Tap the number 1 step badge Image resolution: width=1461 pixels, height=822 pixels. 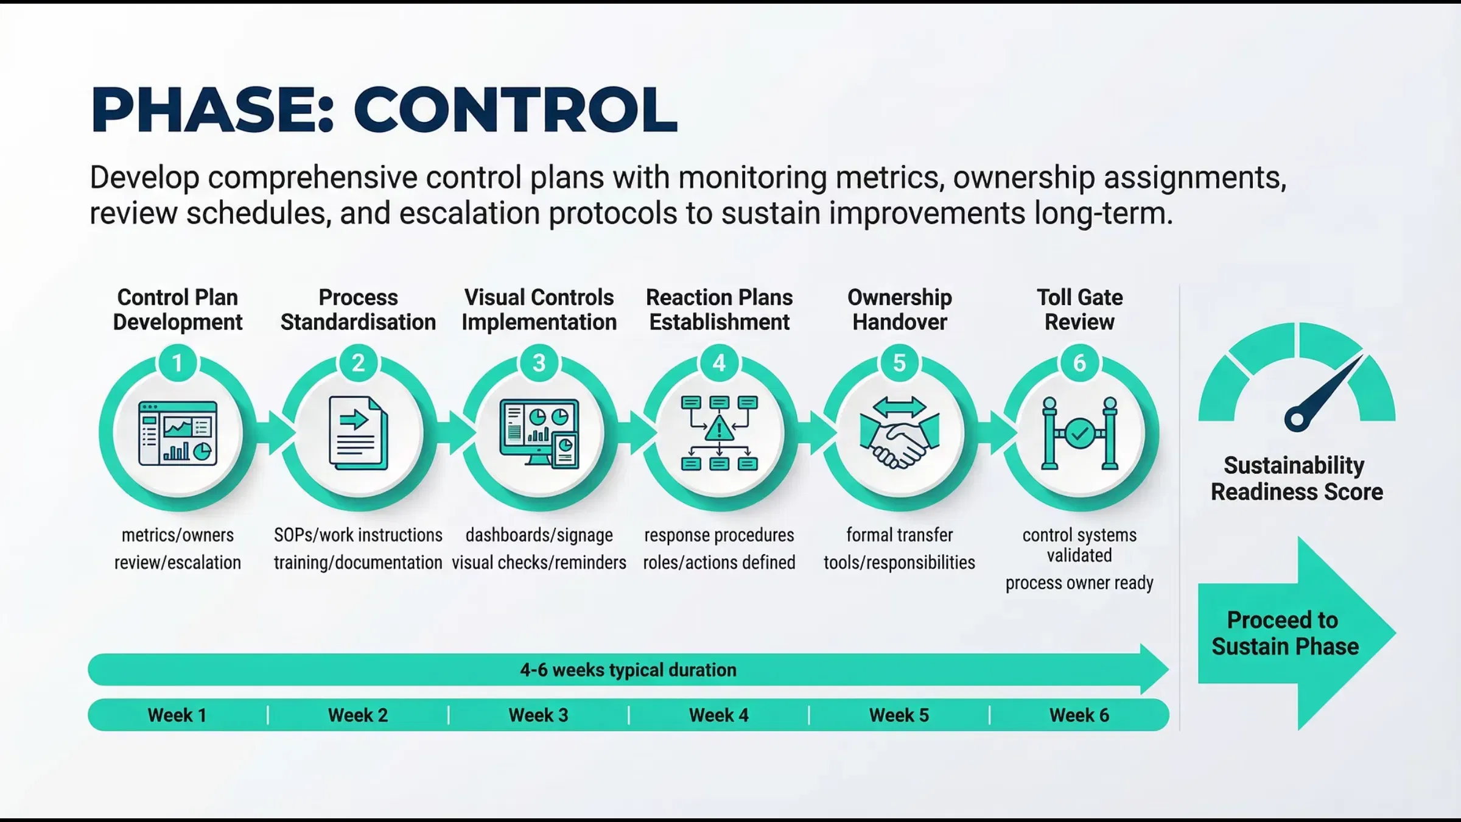(x=177, y=363)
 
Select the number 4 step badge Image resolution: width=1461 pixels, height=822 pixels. (x=719, y=363)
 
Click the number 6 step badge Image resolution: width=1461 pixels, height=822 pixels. (x=1079, y=363)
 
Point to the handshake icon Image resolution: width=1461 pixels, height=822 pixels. (x=899, y=434)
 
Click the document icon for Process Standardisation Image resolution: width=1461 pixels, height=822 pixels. (x=358, y=433)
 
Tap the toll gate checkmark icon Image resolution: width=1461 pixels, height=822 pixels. (x=1079, y=434)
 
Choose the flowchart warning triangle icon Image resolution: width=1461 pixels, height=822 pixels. (x=719, y=429)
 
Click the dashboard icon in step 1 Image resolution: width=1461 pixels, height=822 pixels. (x=178, y=433)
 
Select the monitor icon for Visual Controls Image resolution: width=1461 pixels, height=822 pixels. (x=539, y=433)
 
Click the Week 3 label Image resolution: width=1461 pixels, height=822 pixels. (x=538, y=715)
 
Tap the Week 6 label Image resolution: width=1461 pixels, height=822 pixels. (x=1079, y=715)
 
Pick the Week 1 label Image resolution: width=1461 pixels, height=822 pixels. (x=177, y=715)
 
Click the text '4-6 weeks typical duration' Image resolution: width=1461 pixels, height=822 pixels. (x=628, y=670)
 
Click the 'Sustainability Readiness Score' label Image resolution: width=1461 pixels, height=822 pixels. (x=1297, y=479)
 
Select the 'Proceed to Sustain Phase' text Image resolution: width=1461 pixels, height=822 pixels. (x=1284, y=633)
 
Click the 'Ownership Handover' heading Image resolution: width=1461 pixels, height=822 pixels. (x=899, y=309)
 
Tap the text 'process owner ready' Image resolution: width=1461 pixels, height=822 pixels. (x=1079, y=583)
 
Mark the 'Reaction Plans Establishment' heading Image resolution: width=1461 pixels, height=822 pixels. (x=719, y=309)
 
